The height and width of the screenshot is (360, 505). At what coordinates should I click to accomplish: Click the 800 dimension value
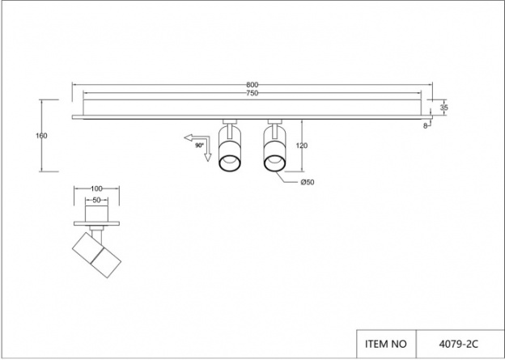[252, 85]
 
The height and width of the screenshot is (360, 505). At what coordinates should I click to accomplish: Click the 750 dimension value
[252, 93]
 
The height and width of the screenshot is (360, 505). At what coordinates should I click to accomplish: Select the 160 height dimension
[41, 136]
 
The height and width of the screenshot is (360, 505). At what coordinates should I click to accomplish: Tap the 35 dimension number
[443, 108]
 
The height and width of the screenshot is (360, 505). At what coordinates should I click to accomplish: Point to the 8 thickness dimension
[425, 126]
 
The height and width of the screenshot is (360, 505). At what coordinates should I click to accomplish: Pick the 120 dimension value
[301, 146]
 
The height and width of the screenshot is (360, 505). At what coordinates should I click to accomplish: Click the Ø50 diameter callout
[308, 182]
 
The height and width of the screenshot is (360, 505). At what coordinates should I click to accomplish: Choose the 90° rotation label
[199, 146]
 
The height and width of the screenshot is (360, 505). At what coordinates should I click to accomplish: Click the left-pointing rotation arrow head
[188, 138]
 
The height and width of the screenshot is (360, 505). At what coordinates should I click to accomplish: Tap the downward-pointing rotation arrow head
[208, 158]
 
